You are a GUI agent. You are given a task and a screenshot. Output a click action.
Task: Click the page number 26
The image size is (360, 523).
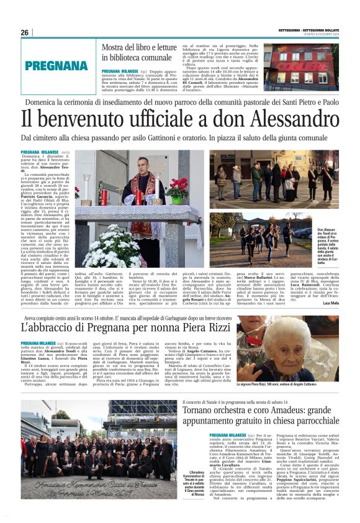25,32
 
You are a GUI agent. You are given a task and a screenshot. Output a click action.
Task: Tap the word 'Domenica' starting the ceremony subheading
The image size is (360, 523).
42,102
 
